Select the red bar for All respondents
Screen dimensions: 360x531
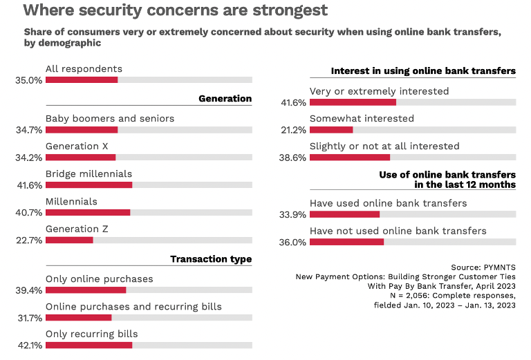(x=82, y=80)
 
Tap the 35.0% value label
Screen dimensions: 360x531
(x=28, y=80)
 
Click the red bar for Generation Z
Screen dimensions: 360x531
(x=69, y=240)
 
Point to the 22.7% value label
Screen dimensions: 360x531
(x=28, y=240)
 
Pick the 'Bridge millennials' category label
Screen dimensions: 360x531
(x=88, y=173)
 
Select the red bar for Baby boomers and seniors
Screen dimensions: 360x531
(x=82, y=129)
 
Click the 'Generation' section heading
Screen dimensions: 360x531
(x=225, y=99)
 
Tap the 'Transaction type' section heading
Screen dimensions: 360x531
(x=211, y=259)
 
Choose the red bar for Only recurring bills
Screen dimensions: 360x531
(x=88, y=345)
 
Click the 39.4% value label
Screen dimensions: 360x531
(x=28, y=290)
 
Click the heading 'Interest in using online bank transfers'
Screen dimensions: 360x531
(x=423, y=71)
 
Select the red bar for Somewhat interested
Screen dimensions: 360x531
(x=331, y=130)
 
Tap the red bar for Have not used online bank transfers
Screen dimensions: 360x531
(x=346, y=242)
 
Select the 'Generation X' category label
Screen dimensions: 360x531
(x=77, y=146)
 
